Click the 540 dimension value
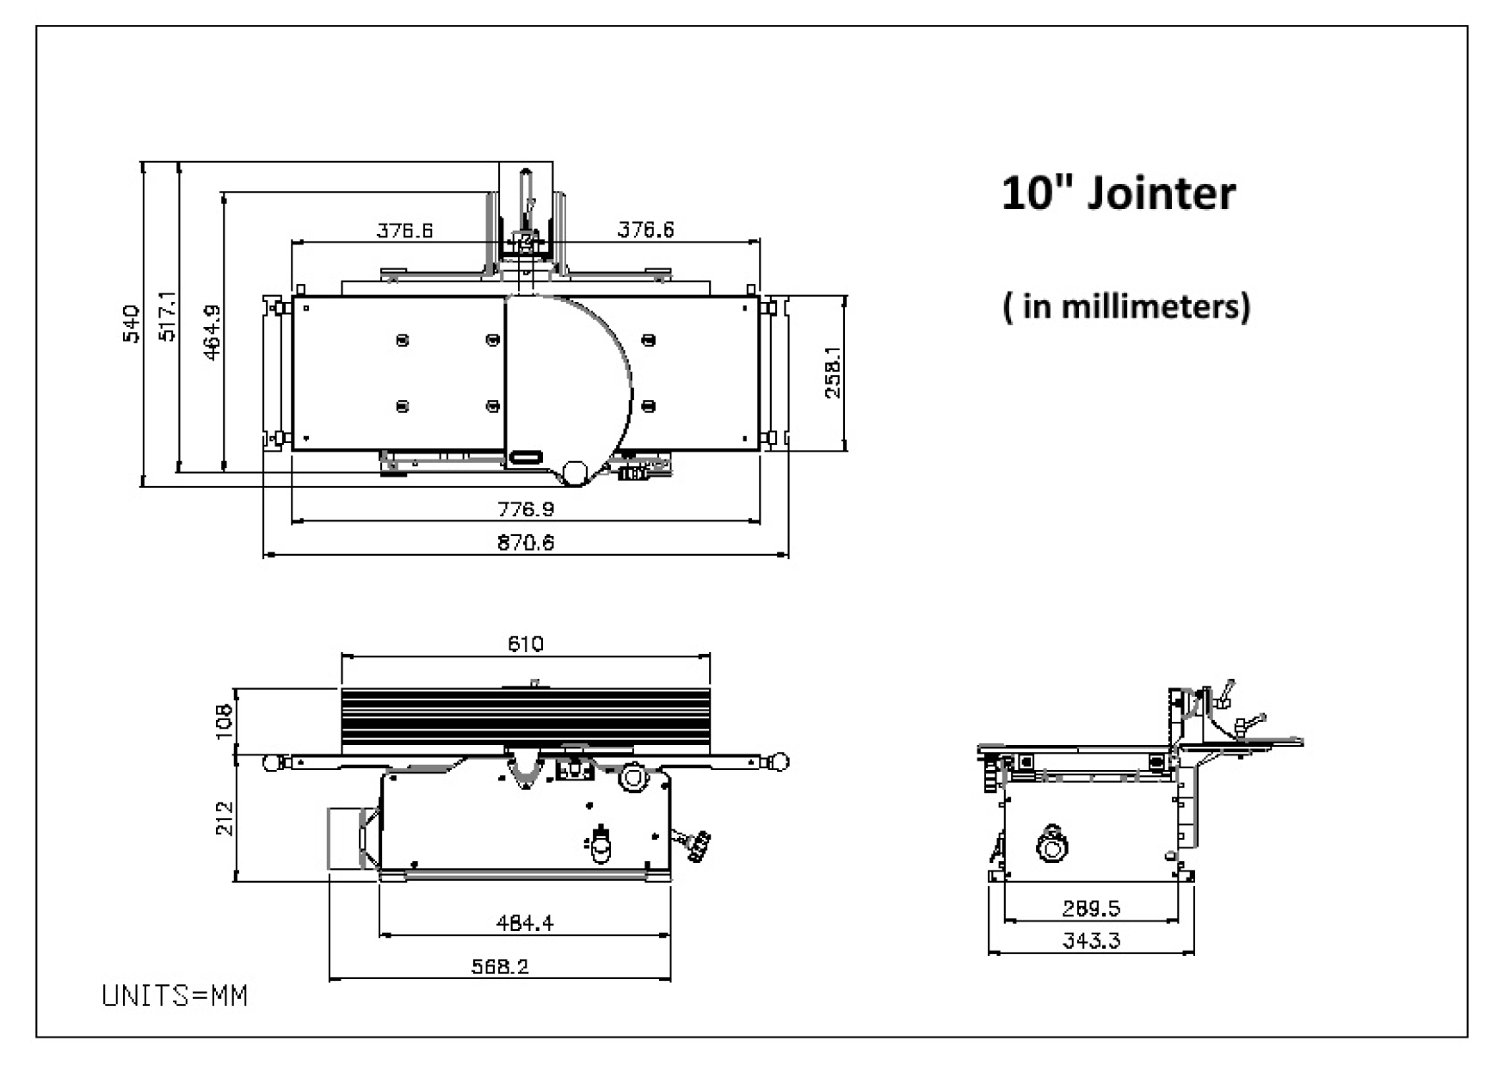132,323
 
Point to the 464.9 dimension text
212,332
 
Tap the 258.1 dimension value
833,372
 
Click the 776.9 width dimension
526,509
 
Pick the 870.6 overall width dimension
526,543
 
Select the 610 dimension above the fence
526,644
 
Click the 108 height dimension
224,721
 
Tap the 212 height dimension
225,818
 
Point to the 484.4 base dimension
525,923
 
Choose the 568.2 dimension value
500,966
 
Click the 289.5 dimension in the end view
1091,909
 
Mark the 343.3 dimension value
1091,940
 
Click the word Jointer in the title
1161,193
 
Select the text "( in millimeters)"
1126,306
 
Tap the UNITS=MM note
175,996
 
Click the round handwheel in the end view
1051,847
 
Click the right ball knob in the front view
780,761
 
